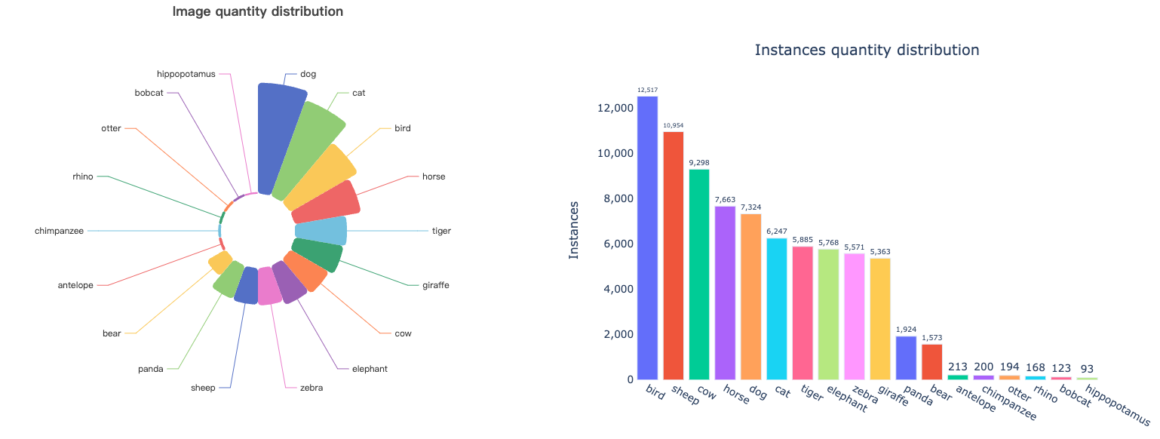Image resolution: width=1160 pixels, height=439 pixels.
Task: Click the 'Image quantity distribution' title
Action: (x=257, y=12)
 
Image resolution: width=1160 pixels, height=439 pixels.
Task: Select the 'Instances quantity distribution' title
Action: (x=867, y=51)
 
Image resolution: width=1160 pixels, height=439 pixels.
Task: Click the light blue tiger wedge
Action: (x=321, y=231)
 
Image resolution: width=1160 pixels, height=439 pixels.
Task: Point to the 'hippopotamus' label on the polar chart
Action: (x=186, y=74)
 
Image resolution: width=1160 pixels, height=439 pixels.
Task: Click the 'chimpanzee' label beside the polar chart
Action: (x=59, y=231)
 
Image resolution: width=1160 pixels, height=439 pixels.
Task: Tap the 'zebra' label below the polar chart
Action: (x=311, y=388)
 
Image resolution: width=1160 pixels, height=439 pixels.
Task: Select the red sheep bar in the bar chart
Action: (x=673, y=256)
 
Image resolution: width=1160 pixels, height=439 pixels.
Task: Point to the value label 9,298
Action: (x=698, y=163)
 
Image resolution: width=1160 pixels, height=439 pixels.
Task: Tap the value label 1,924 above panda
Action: (x=906, y=330)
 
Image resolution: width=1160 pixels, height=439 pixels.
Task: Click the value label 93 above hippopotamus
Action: (x=1086, y=368)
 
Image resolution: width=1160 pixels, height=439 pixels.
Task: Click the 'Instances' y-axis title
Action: (x=574, y=230)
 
